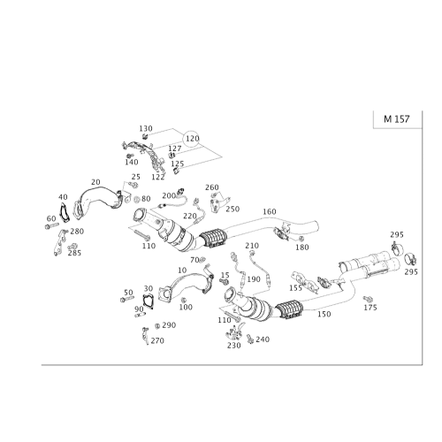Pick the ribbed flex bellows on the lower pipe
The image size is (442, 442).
[x=290, y=311]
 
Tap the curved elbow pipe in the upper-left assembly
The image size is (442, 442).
[x=97, y=199]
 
